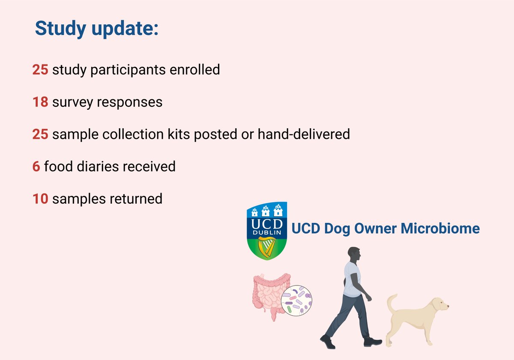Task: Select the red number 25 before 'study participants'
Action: (40, 69)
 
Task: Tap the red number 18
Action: (40, 102)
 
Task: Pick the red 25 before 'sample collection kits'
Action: (40, 135)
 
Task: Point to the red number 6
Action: (36, 166)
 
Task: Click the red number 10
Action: (40, 199)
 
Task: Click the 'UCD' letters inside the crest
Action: (268, 224)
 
